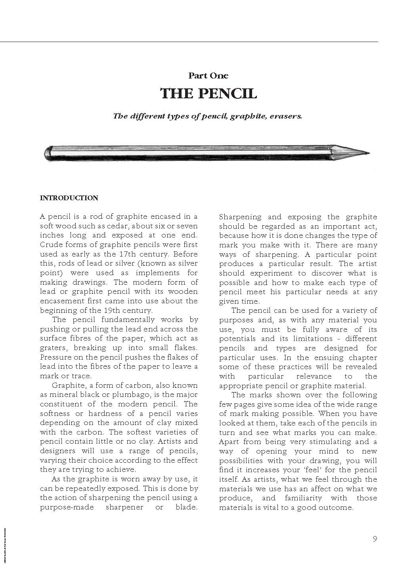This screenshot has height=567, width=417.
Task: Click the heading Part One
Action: pyautogui.click(x=208, y=75)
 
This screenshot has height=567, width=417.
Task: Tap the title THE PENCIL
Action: pyautogui.click(x=208, y=94)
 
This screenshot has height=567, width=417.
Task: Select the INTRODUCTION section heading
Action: pyautogui.click(x=69, y=198)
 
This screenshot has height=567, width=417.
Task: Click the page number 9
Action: pyautogui.click(x=375, y=538)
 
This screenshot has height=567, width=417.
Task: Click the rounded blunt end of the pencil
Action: pyautogui.click(x=47, y=153)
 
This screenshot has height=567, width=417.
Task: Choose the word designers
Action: pyautogui.click(x=57, y=451)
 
